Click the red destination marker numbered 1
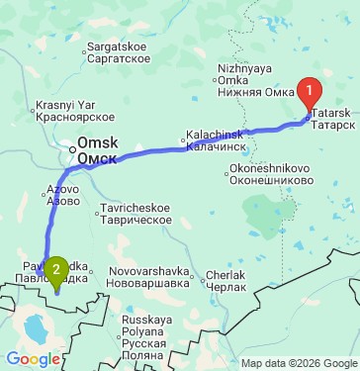click(x=310, y=95)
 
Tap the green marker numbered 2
click(x=57, y=269)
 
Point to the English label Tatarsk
click(x=334, y=114)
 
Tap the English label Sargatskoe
click(x=118, y=46)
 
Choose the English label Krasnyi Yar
click(x=65, y=105)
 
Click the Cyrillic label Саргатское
click(x=118, y=58)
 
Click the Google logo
click(x=33, y=359)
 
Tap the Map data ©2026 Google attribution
click(x=298, y=363)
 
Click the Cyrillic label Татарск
click(x=335, y=126)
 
